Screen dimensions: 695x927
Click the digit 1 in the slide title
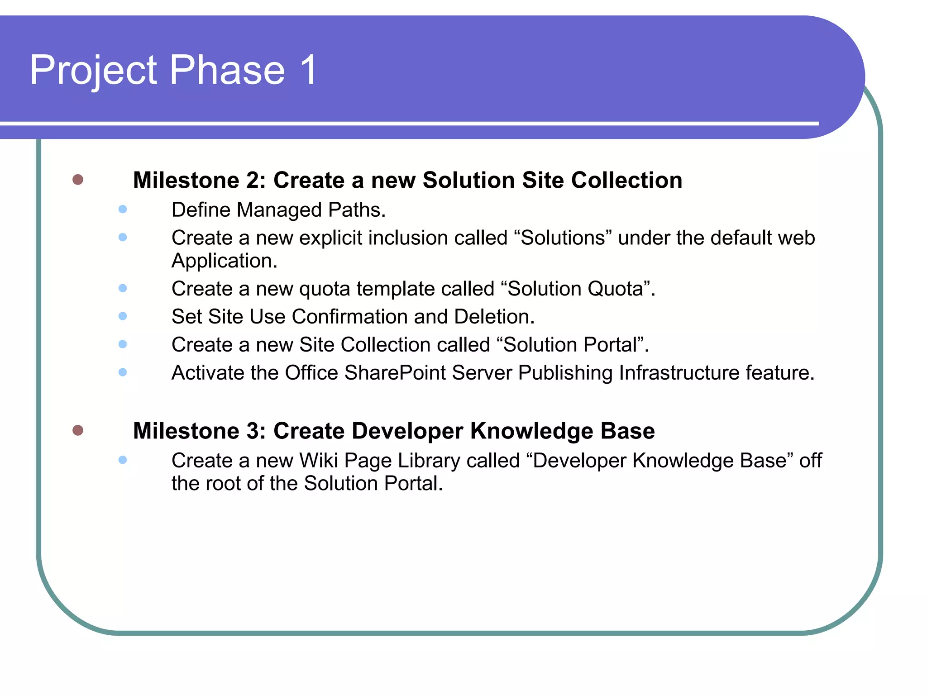point(309,70)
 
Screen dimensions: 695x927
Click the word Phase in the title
point(227,70)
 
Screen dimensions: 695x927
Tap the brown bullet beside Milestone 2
point(78,180)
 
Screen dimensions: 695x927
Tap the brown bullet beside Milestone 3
point(78,430)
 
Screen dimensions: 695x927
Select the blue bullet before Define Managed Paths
point(122,209)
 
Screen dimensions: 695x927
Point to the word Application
point(224,261)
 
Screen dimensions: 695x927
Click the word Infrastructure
point(679,373)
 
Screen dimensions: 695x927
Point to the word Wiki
point(319,461)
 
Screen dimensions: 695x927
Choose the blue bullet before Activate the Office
point(122,372)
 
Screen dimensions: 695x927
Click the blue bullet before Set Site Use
point(122,316)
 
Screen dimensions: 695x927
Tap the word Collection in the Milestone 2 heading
point(626,180)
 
